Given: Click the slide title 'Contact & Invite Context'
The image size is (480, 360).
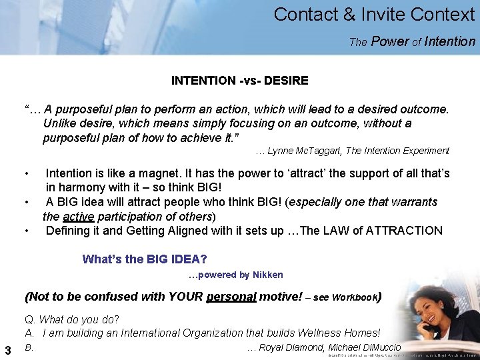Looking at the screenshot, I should click(x=374, y=14).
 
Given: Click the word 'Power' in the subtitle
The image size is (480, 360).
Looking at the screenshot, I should click(x=390, y=41).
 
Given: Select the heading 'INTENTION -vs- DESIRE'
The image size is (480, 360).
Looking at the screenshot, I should click(x=239, y=81).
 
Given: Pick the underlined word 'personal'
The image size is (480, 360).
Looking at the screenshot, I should click(x=231, y=297).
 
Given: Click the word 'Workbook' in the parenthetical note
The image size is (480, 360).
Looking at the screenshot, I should click(x=355, y=297).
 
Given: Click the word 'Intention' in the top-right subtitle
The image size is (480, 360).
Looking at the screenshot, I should click(x=451, y=41).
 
